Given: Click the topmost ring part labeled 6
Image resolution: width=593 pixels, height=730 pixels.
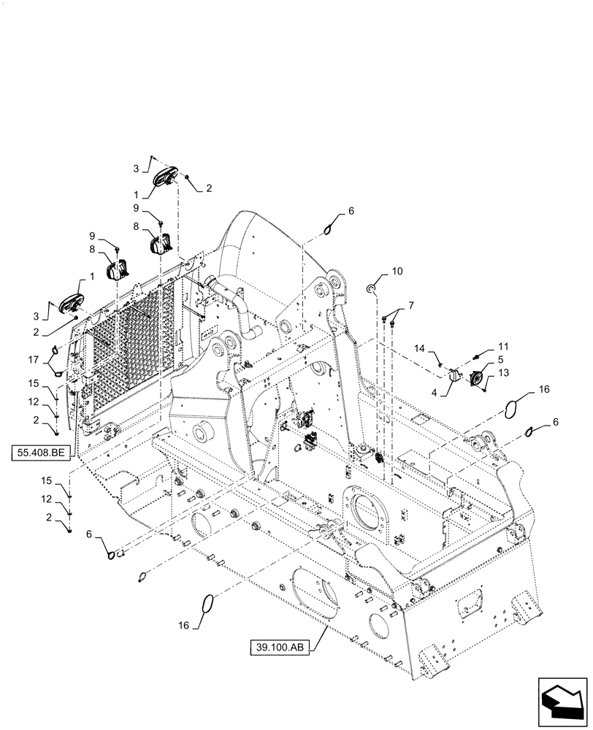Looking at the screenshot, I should (330, 229).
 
